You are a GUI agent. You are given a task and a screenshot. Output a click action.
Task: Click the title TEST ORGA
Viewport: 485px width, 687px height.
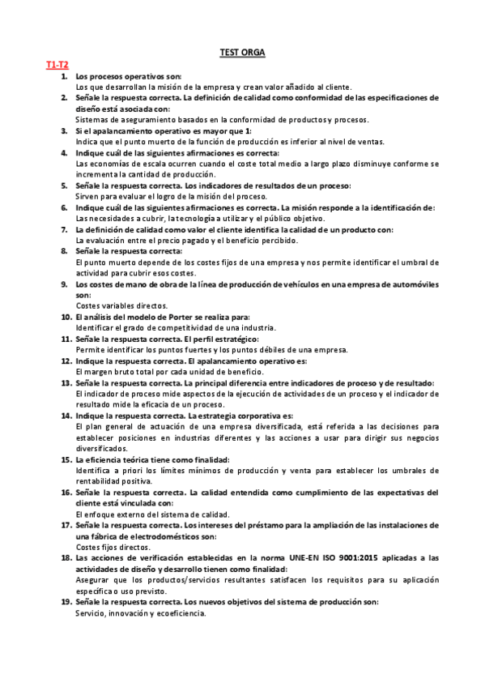pyautogui.click(x=242, y=53)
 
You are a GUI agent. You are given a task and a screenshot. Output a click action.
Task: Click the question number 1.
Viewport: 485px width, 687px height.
pyautogui.click(x=65, y=75)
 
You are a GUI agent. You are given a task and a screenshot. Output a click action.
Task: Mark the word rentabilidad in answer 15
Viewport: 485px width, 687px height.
pyautogui.click(x=99, y=480)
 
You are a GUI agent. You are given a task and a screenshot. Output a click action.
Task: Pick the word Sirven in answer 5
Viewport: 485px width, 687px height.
pyautogui.click(x=87, y=196)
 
